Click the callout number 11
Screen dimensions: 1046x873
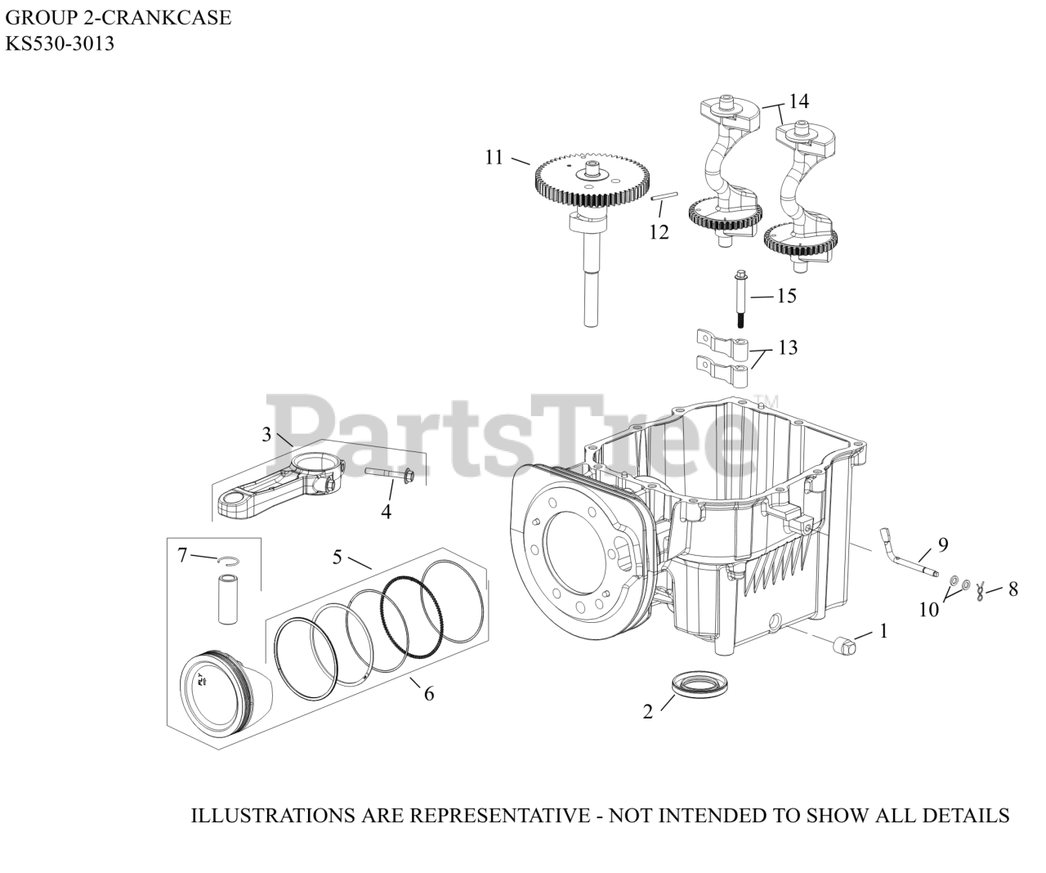[x=494, y=157]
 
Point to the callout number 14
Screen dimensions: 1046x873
[x=798, y=101]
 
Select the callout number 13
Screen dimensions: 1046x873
[x=788, y=347]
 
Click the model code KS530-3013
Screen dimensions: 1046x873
[x=60, y=44]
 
